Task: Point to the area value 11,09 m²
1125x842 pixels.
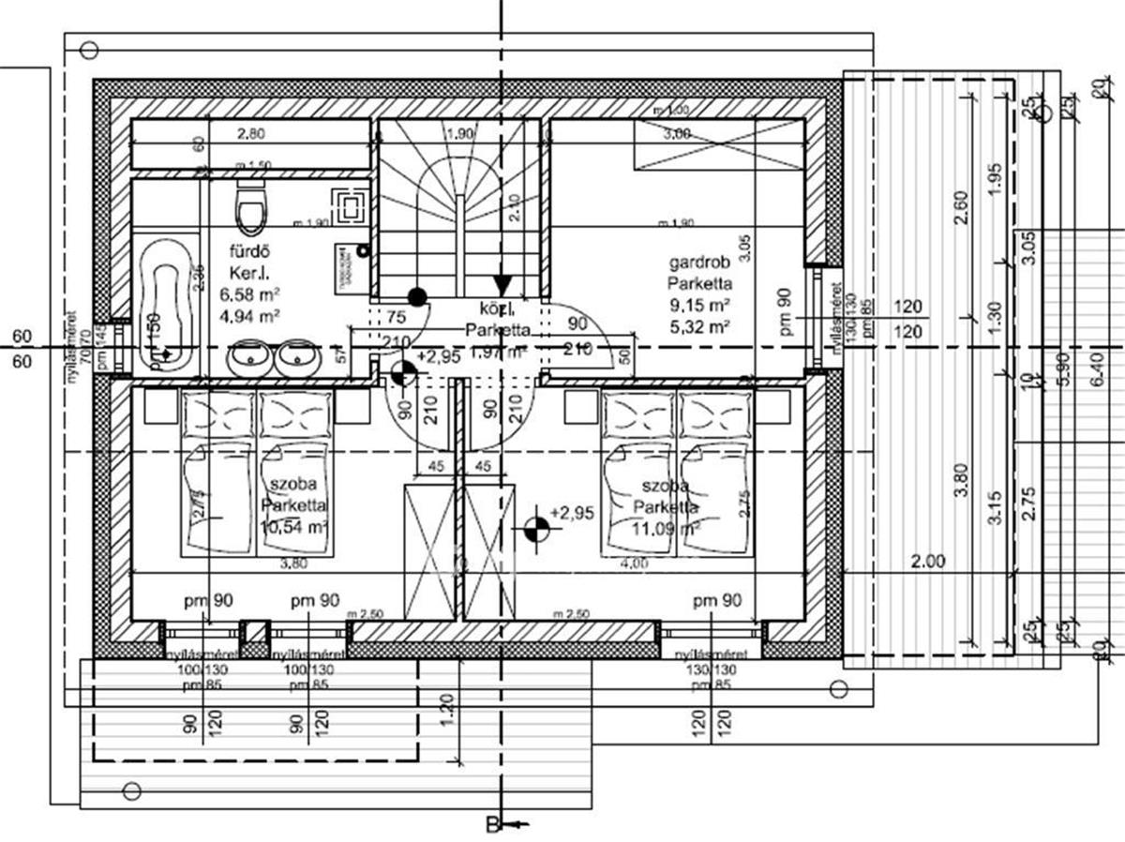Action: click(x=667, y=528)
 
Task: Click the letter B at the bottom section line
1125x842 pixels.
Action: click(x=491, y=825)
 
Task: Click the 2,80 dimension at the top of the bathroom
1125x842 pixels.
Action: click(x=250, y=135)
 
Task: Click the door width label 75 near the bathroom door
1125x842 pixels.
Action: click(x=395, y=316)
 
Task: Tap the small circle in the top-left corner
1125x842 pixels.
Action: click(x=90, y=50)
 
